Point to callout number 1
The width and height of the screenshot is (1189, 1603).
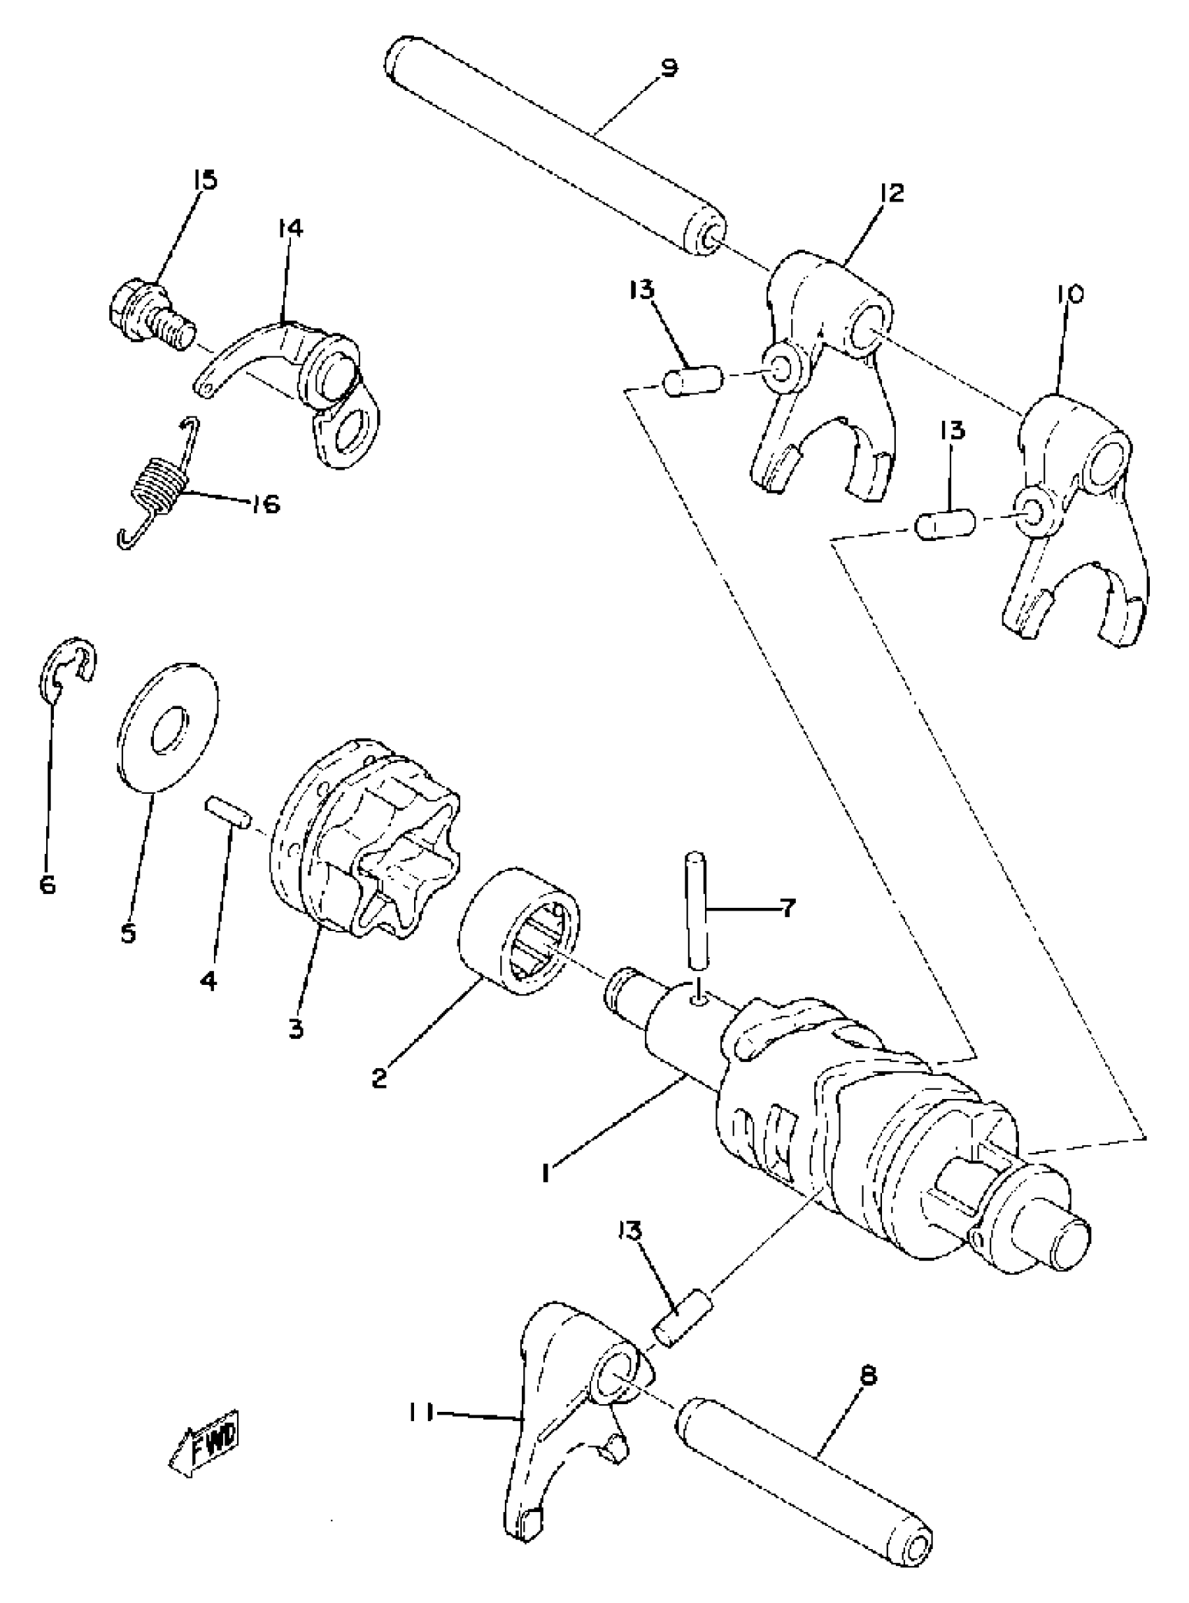(x=547, y=1173)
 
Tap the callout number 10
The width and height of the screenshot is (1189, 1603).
(x=1069, y=295)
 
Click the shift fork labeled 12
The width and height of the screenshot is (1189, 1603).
(x=827, y=360)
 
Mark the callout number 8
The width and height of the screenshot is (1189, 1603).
(x=868, y=1376)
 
